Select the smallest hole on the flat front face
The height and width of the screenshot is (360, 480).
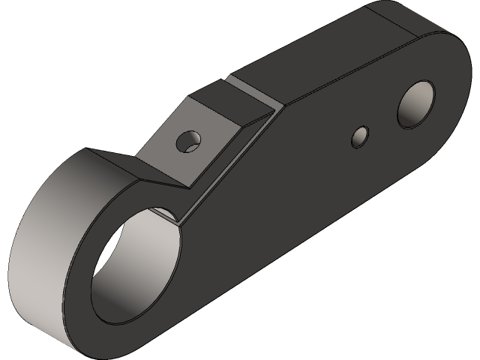coord(361,135)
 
